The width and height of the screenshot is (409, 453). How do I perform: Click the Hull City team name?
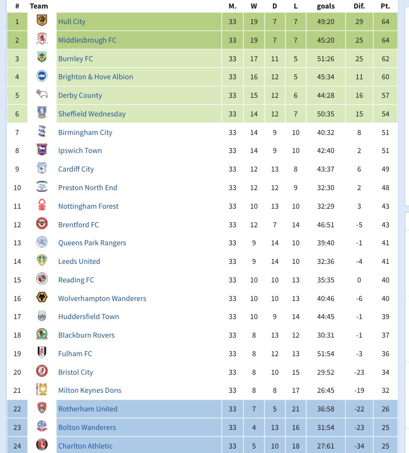(x=72, y=22)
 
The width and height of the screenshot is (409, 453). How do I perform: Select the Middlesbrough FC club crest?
(x=42, y=40)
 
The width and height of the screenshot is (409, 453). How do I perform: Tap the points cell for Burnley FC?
(x=385, y=59)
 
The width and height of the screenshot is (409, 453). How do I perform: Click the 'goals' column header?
(x=326, y=6)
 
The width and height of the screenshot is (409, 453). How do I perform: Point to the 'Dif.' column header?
(x=359, y=6)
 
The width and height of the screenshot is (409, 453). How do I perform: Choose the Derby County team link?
(x=80, y=95)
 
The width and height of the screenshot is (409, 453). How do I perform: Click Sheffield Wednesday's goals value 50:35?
(x=326, y=114)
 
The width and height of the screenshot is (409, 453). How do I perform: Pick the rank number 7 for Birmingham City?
(x=17, y=132)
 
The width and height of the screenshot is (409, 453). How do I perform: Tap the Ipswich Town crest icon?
(x=42, y=150)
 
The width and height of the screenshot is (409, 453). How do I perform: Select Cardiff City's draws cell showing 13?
(x=275, y=169)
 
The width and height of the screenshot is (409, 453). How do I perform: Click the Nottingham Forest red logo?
(x=42, y=206)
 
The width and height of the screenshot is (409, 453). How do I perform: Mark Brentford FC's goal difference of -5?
(x=359, y=224)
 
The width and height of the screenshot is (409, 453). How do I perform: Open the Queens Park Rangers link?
(x=92, y=243)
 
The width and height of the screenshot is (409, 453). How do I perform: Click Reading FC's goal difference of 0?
(x=359, y=280)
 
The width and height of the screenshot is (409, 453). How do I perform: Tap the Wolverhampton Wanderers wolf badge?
(x=42, y=298)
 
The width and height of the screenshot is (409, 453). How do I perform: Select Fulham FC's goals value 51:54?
(x=326, y=354)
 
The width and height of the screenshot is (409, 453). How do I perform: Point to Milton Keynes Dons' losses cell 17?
(x=296, y=390)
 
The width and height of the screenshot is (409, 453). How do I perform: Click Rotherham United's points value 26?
(x=385, y=409)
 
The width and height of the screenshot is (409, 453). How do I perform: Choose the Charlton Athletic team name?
(x=85, y=446)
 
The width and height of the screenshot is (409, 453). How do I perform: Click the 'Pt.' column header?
(x=385, y=6)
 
